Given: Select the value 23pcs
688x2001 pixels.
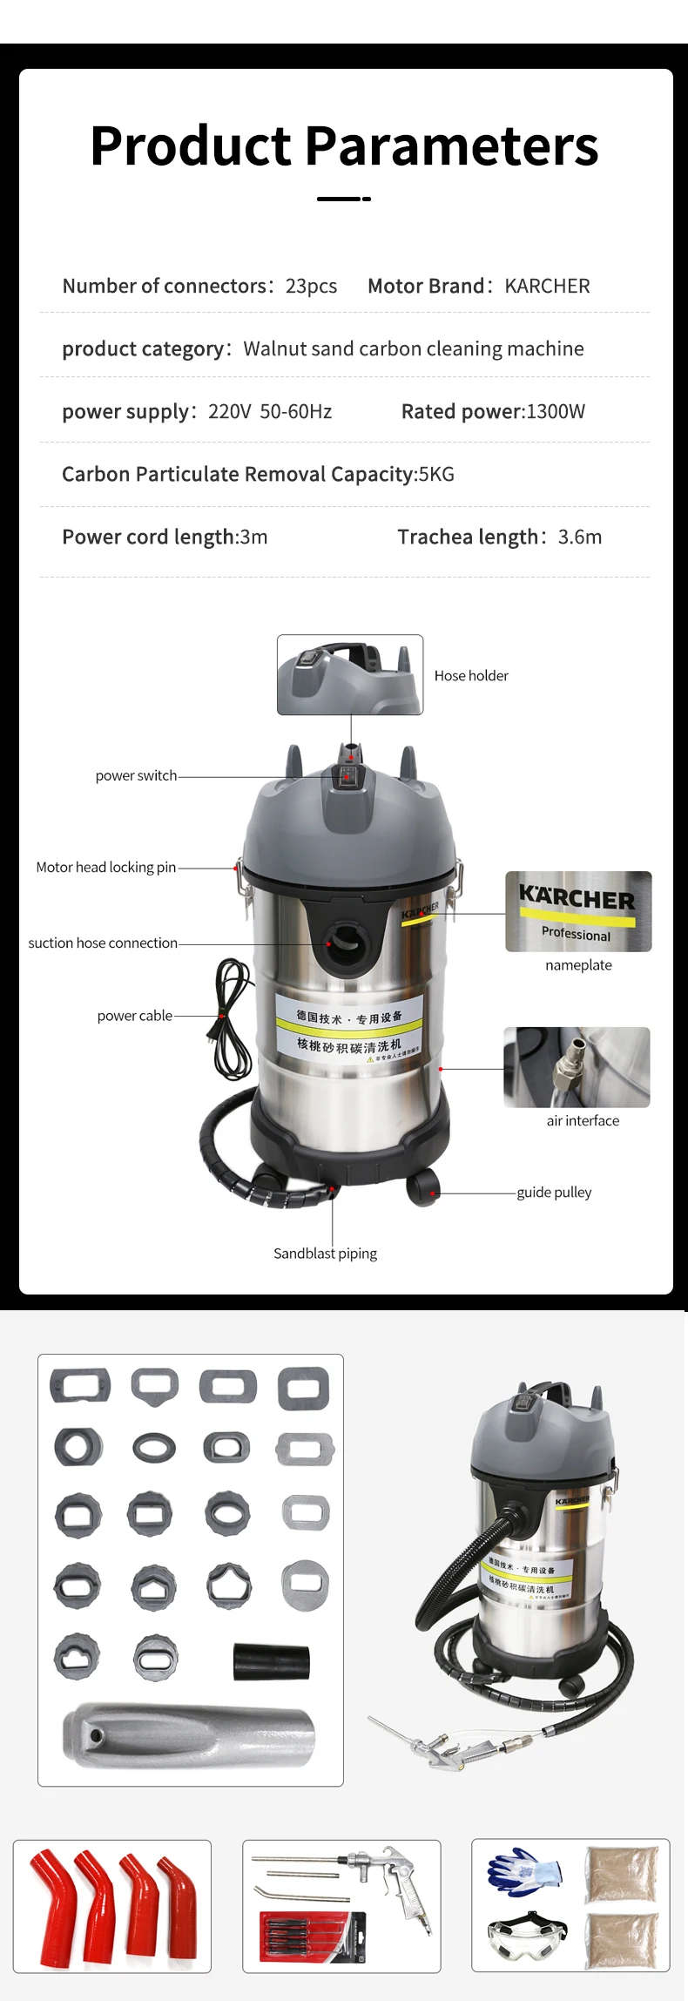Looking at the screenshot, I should pyautogui.click(x=311, y=287).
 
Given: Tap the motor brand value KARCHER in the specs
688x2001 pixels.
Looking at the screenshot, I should pyautogui.click(x=547, y=287).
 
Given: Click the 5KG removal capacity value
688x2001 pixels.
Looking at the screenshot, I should pyautogui.click(x=436, y=475).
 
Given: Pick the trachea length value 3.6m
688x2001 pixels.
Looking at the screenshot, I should pyautogui.click(x=580, y=537).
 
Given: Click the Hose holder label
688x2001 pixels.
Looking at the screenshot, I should pyautogui.click(x=471, y=676).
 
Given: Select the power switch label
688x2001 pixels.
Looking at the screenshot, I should pyautogui.click(x=136, y=776).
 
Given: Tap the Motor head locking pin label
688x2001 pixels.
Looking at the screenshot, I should pyautogui.click(x=105, y=868).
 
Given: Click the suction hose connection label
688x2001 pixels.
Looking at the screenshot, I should pyautogui.click(x=103, y=943).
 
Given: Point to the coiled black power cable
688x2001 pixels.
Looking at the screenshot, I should pyautogui.click(x=233, y=1019).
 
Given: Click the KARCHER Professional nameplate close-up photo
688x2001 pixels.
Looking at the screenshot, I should pyautogui.click(x=578, y=911).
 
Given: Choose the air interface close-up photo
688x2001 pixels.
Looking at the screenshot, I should pyautogui.click(x=577, y=1067).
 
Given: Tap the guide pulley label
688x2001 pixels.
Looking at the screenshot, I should pyautogui.click(x=554, y=1193).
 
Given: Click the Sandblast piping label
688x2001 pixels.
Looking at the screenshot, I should pyautogui.click(x=325, y=1254).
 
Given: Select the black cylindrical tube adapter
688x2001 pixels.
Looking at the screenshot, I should pyautogui.click(x=272, y=1663).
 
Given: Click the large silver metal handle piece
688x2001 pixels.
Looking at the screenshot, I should pyautogui.click(x=188, y=1735).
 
